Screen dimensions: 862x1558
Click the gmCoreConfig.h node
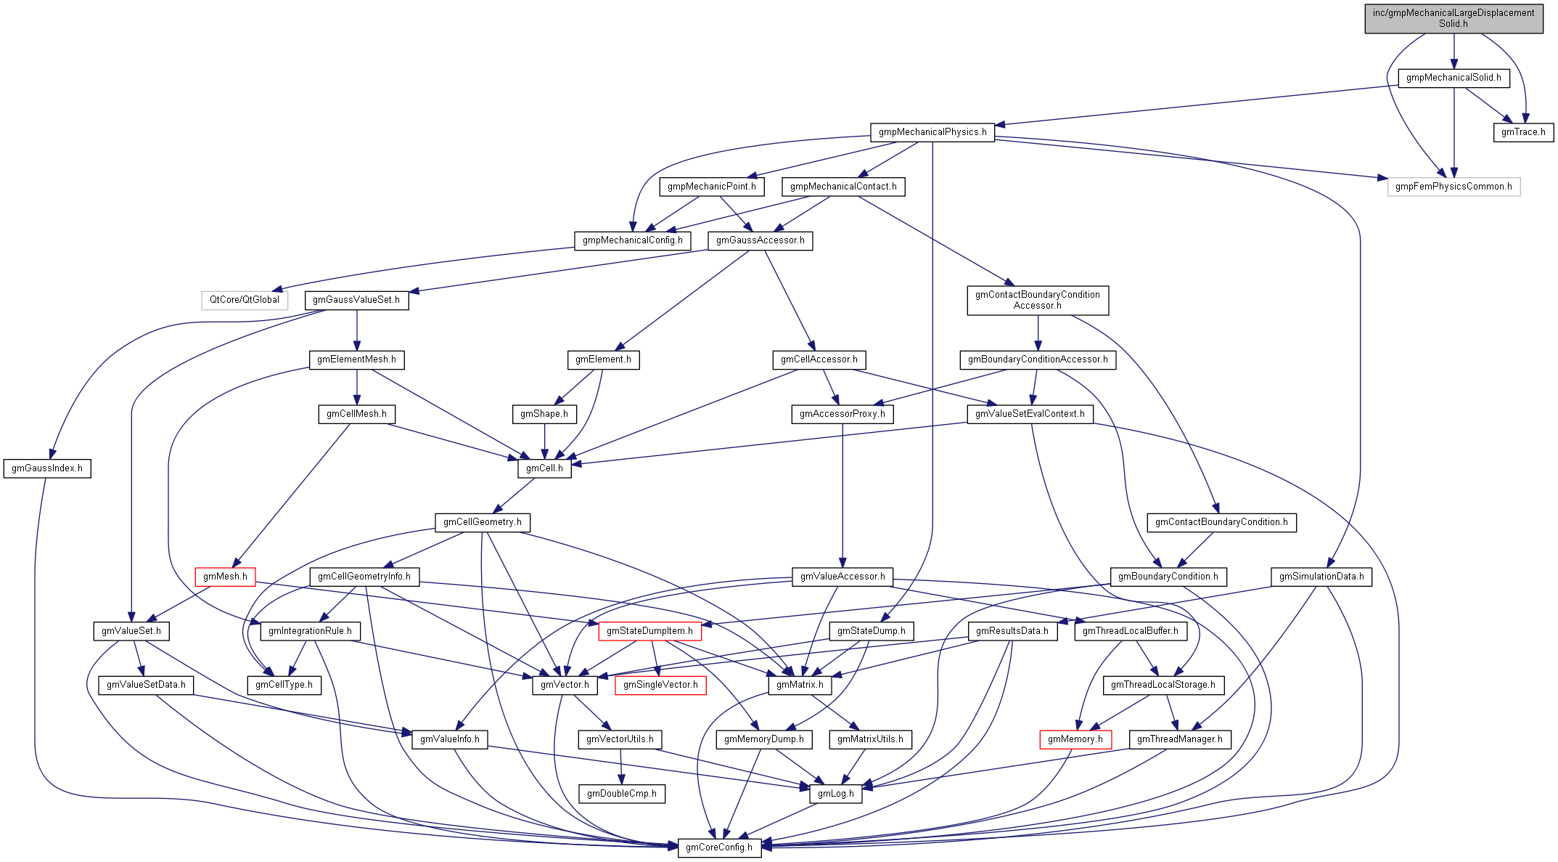[x=719, y=847]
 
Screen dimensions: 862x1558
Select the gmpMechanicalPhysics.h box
[x=932, y=132]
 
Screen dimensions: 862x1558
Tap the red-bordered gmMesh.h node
[x=225, y=577]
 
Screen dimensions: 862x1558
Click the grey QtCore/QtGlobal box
[x=245, y=300]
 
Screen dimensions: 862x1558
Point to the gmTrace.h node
[x=1523, y=132]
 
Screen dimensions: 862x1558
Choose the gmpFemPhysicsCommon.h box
[x=1454, y=187]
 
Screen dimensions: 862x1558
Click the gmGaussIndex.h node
[x=47, y=468]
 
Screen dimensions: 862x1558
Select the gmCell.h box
[x=544, y=468]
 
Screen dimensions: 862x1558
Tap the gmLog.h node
[x=835, y=794]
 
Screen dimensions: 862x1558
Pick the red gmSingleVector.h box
[x=660, y=685]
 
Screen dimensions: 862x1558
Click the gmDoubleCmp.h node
[x=622, y=794]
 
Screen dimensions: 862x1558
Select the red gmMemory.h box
[x=1075, y=739]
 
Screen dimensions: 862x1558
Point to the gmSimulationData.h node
[x=1321, y=577]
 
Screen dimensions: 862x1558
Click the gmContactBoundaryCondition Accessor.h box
[x=1037, y=300]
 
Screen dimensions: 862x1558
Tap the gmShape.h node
[x=544, y=414]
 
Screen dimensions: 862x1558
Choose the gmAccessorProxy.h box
[x=842, y=414]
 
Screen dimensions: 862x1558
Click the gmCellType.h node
[x=284, y=685]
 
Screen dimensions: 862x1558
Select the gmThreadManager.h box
[x=1179, y=739]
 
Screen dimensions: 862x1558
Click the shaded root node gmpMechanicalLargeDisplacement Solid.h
[x=1454, y=18]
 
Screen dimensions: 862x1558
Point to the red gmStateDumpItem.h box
[x=649, y=631]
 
